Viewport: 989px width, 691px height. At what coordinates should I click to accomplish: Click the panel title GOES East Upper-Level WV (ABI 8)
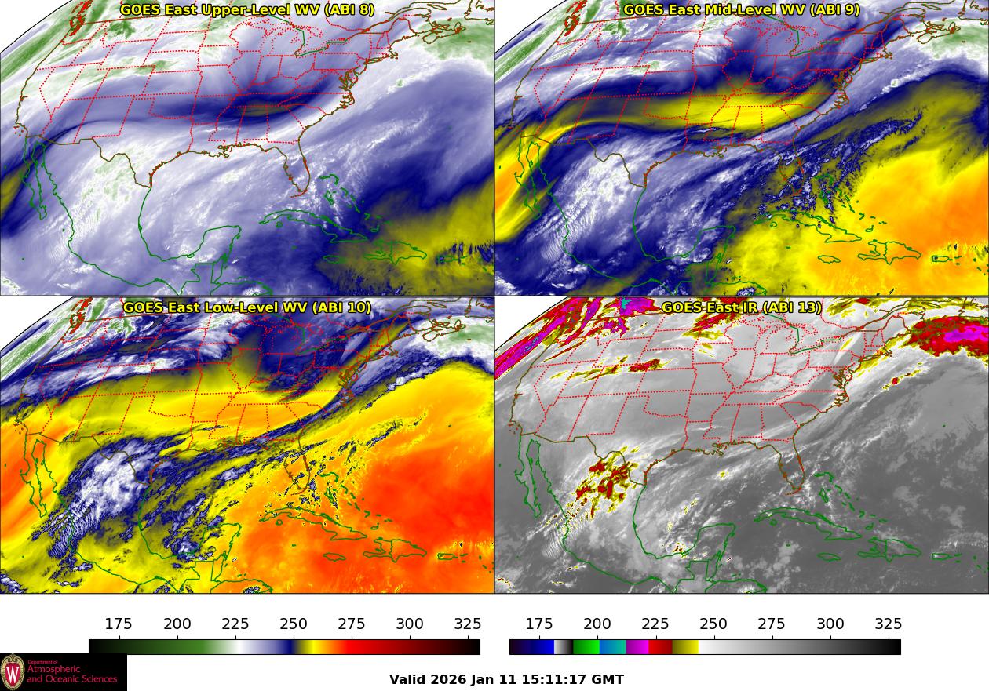pos(247,10)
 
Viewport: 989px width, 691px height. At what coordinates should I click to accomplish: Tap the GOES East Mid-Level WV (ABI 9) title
pos(741,10)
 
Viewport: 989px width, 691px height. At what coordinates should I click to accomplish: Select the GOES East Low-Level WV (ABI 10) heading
pos(247,307)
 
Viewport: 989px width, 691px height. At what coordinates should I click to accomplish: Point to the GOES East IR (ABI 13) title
pos(741,307)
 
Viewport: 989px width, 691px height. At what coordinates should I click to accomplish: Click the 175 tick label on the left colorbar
pos(119,624)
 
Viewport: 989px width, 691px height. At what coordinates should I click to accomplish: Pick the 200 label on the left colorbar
pos(177,624)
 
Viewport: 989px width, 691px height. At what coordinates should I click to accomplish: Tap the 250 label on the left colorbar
pos(294,624)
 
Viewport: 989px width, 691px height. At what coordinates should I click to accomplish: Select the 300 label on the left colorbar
pos(410,624)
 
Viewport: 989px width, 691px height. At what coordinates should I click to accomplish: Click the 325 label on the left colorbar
pos(468,624)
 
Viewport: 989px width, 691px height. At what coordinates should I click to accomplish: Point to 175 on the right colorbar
pos(539,624)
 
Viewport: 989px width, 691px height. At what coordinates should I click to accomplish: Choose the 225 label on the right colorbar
pos(655,624)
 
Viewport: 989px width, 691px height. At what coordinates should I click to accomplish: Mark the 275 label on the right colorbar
pos(772,624)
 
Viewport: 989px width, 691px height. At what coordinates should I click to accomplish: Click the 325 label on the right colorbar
pos(888,624)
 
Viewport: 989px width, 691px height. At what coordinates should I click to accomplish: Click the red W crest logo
pos(13,672)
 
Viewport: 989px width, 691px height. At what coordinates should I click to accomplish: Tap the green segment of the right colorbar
pos(585,647)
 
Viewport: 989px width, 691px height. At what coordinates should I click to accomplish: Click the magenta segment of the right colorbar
pos(637,647)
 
